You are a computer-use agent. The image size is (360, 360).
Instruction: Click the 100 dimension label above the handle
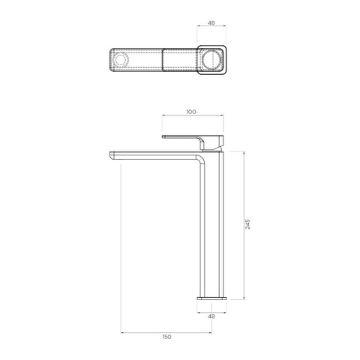[191, 112]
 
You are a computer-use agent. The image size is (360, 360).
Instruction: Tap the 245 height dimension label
[247, 224]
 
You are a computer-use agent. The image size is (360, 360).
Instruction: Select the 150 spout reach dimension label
[166, 337]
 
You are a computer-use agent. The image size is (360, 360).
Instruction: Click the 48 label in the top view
[211, 22]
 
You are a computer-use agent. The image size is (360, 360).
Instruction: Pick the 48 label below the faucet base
[211, 316]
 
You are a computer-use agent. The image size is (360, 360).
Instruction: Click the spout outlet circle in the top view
[120, 60]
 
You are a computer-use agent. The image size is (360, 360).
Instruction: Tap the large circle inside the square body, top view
[211, 60]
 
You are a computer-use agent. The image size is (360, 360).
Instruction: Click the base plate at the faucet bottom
[211, 298]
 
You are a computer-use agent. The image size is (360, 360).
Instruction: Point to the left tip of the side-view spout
[110, 155]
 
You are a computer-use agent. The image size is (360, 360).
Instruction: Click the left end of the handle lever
[163, 136]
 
